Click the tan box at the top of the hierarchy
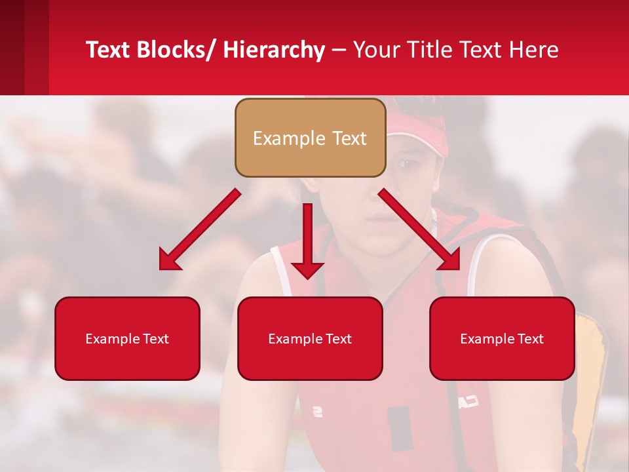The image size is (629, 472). point(310,138)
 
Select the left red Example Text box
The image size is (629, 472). point(127,338)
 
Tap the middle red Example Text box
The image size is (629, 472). point(310,338)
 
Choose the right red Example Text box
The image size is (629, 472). point(502,338)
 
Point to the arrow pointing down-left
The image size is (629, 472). point(200,229)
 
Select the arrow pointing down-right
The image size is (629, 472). point(419,229)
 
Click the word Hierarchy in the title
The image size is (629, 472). point(274,50)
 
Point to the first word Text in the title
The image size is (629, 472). point(109,50)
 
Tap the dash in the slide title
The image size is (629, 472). point(339,50)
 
